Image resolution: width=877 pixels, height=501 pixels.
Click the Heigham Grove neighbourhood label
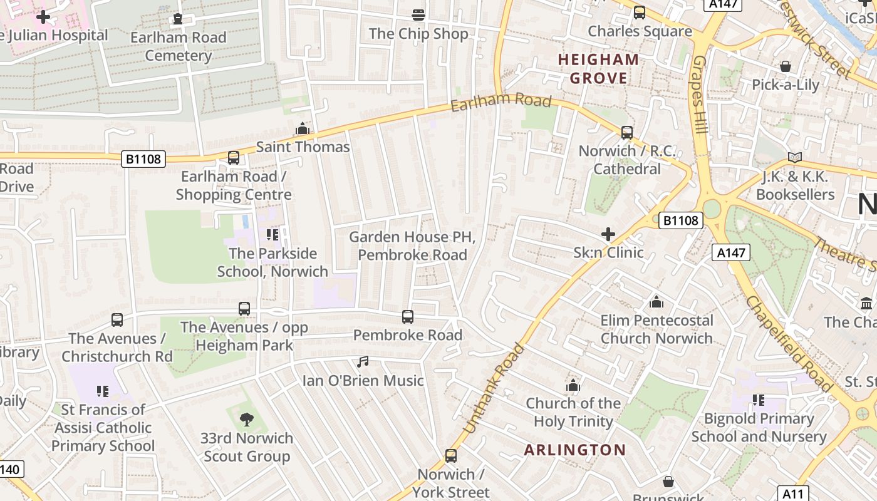coord(598,69)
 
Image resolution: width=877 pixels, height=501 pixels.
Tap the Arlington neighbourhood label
coord(574,450)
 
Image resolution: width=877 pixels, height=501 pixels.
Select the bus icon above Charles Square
coord(640,13)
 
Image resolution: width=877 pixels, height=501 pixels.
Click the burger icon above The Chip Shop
coord(418,15)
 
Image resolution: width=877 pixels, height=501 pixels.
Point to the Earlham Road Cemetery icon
coord(179,19)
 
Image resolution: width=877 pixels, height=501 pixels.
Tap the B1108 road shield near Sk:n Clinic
coord(681,220)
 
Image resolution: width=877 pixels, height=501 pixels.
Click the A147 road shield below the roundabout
coord(730,252)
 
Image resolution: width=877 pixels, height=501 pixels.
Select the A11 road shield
coord(793,493)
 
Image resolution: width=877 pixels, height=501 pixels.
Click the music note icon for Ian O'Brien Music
coord(363,362)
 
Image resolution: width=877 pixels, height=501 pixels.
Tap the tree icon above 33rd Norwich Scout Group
coord(247,419)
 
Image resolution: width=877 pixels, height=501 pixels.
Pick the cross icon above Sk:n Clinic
coord(608,234)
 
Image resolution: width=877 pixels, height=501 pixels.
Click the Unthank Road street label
coord(494,388)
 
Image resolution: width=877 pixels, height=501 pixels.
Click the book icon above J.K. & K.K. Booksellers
coord(795,158)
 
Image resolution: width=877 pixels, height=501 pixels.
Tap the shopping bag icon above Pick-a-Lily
coord(786,66)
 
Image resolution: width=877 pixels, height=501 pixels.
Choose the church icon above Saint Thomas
coord(303,129)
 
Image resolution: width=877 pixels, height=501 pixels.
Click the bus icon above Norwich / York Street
coord(451,455)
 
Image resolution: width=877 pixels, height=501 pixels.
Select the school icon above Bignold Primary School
coord(759,400)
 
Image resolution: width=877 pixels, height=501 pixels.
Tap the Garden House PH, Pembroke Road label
coord(412,246)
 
